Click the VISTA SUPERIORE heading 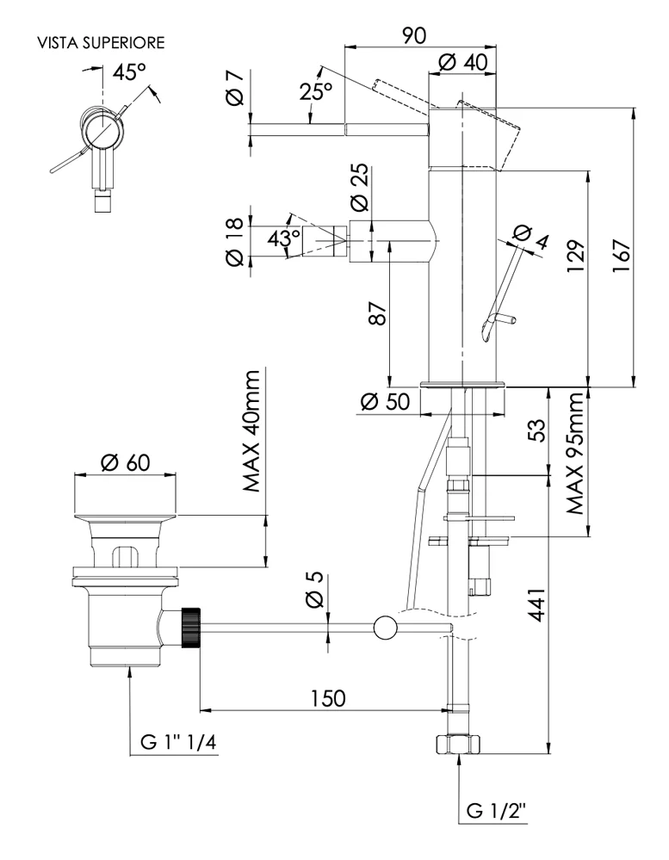pos(100,42)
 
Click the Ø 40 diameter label pos(462,63)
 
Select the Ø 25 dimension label pos(360,189)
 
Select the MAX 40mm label pos(251,431)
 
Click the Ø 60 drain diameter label pos(125,462)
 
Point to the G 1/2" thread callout pos(497,810)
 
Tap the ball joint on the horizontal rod pos(384,628)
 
